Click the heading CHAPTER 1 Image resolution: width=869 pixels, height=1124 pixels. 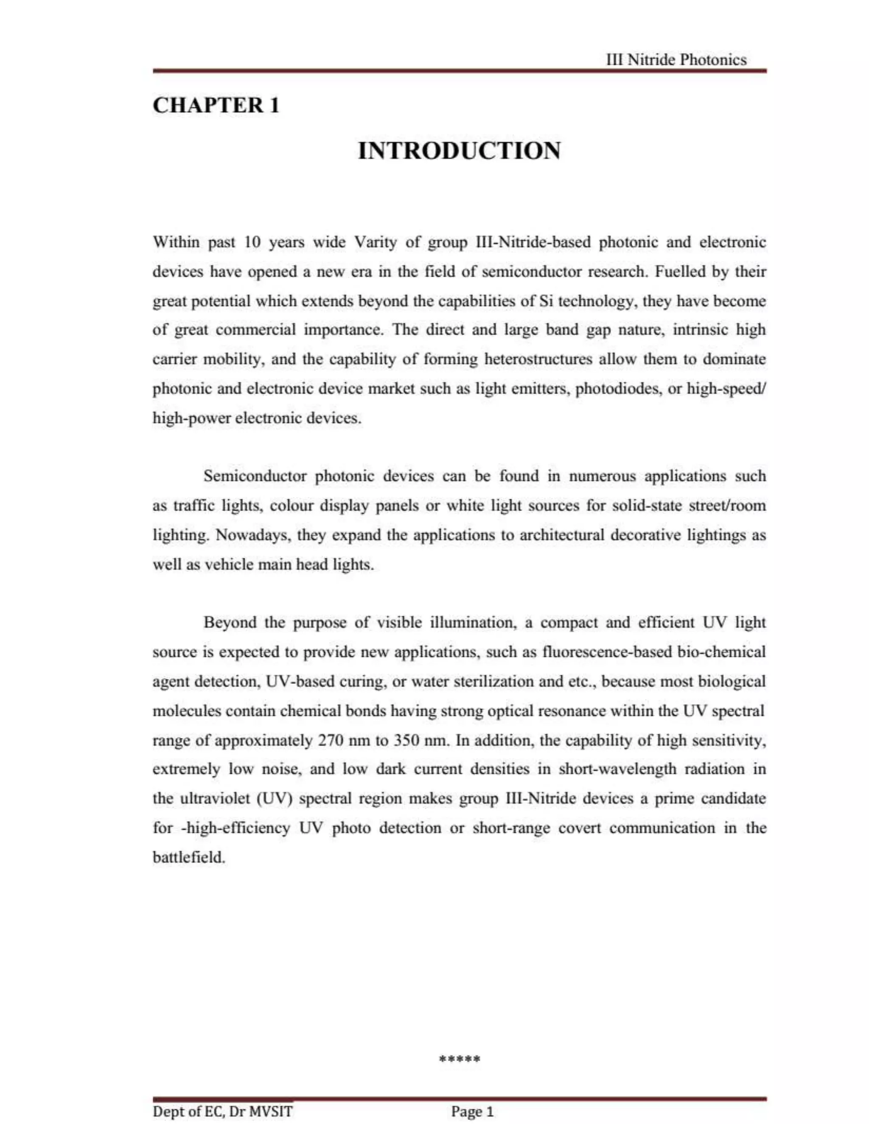coord(216,106)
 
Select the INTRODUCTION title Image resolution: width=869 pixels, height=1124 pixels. coord(459,151)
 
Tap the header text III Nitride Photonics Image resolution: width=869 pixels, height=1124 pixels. coord(676,60)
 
